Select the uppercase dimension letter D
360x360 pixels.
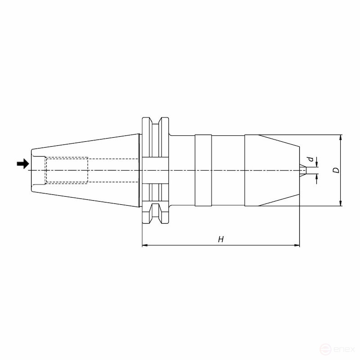335,171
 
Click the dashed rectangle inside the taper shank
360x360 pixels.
67,170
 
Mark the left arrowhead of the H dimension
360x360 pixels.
145,246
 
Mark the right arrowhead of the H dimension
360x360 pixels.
297,246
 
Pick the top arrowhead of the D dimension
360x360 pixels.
341,137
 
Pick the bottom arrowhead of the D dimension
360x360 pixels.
341,203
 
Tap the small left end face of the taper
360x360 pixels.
31,171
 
